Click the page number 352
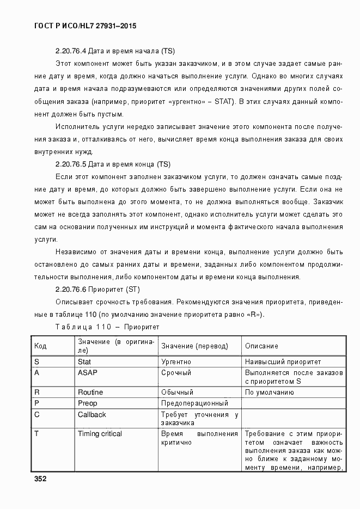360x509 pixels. [x=40, y=479]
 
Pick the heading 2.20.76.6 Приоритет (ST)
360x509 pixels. [x=98, y=289]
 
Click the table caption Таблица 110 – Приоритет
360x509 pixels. [x=107, y=327]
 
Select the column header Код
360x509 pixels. [x=40, y=346]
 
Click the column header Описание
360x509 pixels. [x=261, y=346]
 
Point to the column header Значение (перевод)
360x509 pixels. [x=194, y=346]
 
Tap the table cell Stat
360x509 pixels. [x=84, y=361]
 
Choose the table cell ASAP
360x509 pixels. [x=87, y=373]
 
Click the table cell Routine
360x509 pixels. [x=90, y=392]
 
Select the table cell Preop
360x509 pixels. [x=87, y=403]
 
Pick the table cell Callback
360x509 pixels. [x=92, y=415]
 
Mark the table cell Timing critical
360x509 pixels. [x=100, y=434]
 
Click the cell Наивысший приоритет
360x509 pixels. [x=283, y=361]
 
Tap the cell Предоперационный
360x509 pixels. [x=194, y=403]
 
